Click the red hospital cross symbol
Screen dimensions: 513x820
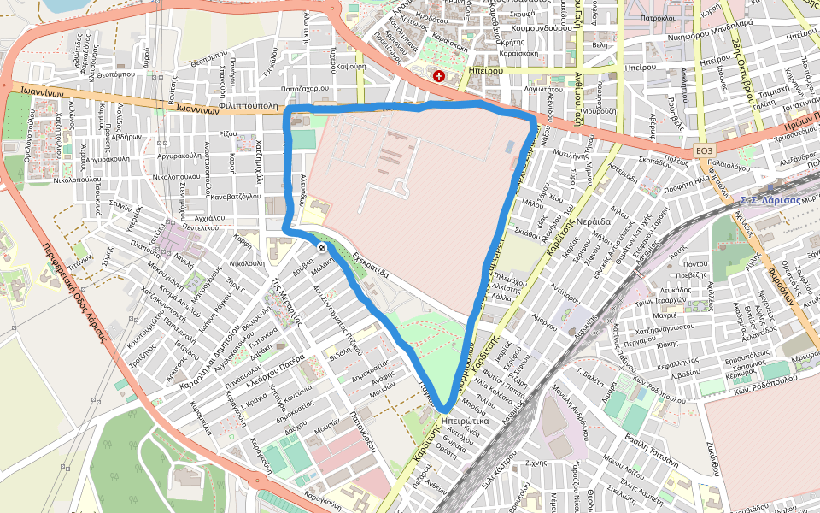(x=439, y=76)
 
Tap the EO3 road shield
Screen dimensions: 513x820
(x=704, y=150)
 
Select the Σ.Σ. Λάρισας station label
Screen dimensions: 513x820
(x=771, y=199)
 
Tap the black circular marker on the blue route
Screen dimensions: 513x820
(x=322, y=247)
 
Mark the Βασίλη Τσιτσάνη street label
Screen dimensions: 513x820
(x=651, y=442)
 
